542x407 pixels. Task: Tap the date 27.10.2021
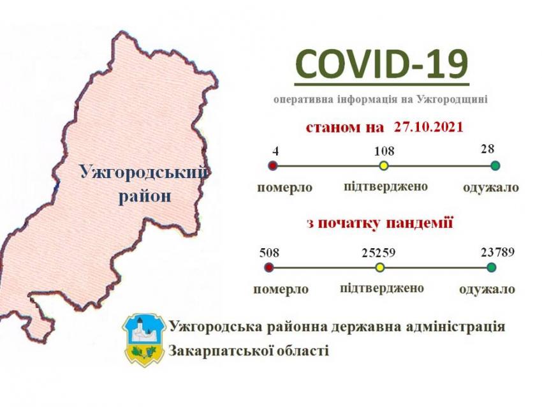click(x=428, y=127)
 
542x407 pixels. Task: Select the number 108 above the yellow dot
click(x=384, y=151)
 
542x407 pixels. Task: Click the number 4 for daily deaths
click(x=275, y=151)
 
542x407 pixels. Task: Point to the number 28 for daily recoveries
click(x=487, y=149)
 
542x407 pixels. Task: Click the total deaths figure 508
click(x=269, y=253)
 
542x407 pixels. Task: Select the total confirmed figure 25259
click(x=379, y=253)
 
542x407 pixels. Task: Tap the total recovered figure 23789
click(x=498, y=252)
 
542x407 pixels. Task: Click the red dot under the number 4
click(x=274, y=166)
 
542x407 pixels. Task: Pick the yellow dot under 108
click(x=384, y=166)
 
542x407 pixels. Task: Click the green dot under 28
click(x=495, y=166)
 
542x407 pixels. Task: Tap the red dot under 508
click(x=269, y=267)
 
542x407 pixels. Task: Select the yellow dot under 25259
click(x=380, y=267)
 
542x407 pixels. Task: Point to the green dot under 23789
click(x=491, y=267)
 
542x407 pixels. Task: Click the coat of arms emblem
click(x=145, y=339)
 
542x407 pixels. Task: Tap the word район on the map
click(x=145, y=196)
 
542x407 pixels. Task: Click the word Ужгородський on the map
click(x=145, y=172)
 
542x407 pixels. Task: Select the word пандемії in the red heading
click(x=419, y=223)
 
